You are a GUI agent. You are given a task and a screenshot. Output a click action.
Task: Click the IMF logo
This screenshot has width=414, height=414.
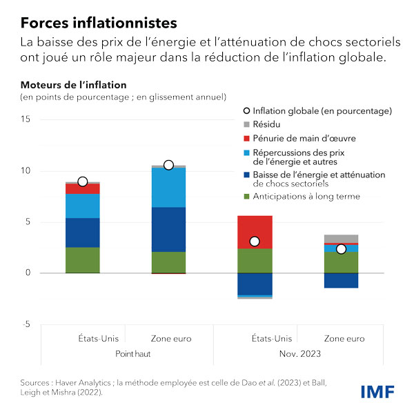(377, 391)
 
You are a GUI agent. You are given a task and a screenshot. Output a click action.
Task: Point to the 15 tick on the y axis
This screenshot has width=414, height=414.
(26, 119)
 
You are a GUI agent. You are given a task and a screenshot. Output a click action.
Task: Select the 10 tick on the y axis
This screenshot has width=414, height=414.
(26, 171)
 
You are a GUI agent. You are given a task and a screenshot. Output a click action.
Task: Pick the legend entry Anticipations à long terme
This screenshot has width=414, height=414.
(306, 197)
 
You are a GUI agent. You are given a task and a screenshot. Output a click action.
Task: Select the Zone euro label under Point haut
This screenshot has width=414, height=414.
(169, 339)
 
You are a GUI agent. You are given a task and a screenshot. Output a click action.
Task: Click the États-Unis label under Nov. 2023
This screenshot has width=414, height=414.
(255, 339)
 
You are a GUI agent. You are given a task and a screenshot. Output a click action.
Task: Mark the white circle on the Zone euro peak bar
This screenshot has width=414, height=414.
(168, 165)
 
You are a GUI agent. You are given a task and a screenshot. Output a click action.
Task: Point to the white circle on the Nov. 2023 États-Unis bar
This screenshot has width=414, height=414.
(255, 241)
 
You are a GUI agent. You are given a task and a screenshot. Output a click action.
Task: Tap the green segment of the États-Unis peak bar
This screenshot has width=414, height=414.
(83, 259)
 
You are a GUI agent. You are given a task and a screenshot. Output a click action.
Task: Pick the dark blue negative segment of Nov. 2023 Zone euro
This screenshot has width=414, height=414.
(341, 280)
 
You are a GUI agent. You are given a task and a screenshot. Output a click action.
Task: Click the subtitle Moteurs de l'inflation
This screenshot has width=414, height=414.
(73, 85)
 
